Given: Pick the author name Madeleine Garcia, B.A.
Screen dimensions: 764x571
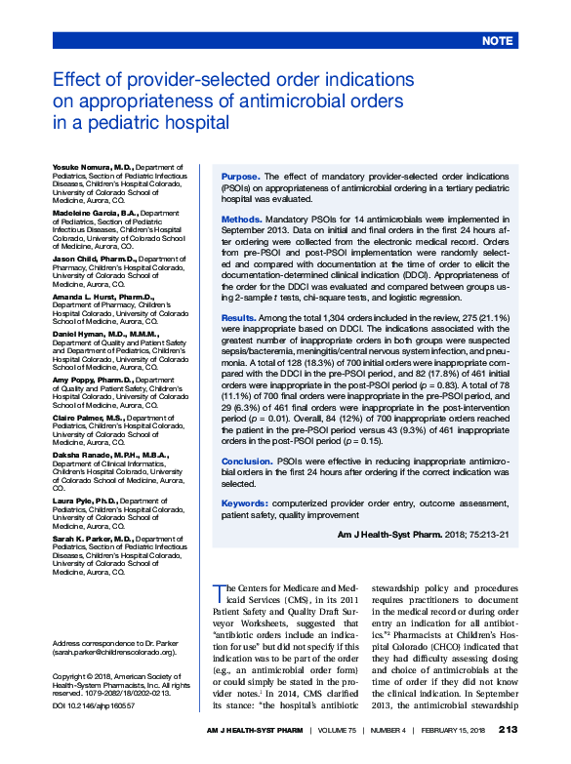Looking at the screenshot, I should [96, 213].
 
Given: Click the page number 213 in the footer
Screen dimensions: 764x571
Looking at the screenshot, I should [508, 730].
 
